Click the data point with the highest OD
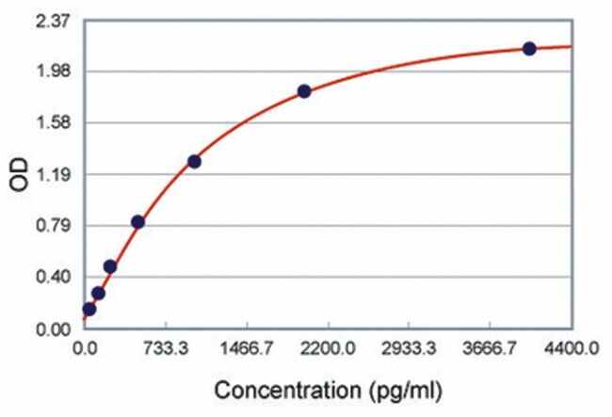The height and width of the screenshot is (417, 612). tap(529, 48)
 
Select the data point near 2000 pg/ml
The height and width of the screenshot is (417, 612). tap(304, 91)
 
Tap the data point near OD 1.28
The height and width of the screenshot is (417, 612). tap(194, 161)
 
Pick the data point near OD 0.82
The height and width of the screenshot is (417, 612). tap(137, 222)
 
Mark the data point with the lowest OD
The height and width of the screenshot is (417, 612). tap(89, 309)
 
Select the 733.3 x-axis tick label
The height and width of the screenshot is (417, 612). tap(165, 349)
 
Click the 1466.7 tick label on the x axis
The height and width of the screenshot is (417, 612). tap(246, 349)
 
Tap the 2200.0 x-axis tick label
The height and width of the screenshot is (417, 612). tap(328, 349)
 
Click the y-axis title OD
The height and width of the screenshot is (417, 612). tap(19, 176)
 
